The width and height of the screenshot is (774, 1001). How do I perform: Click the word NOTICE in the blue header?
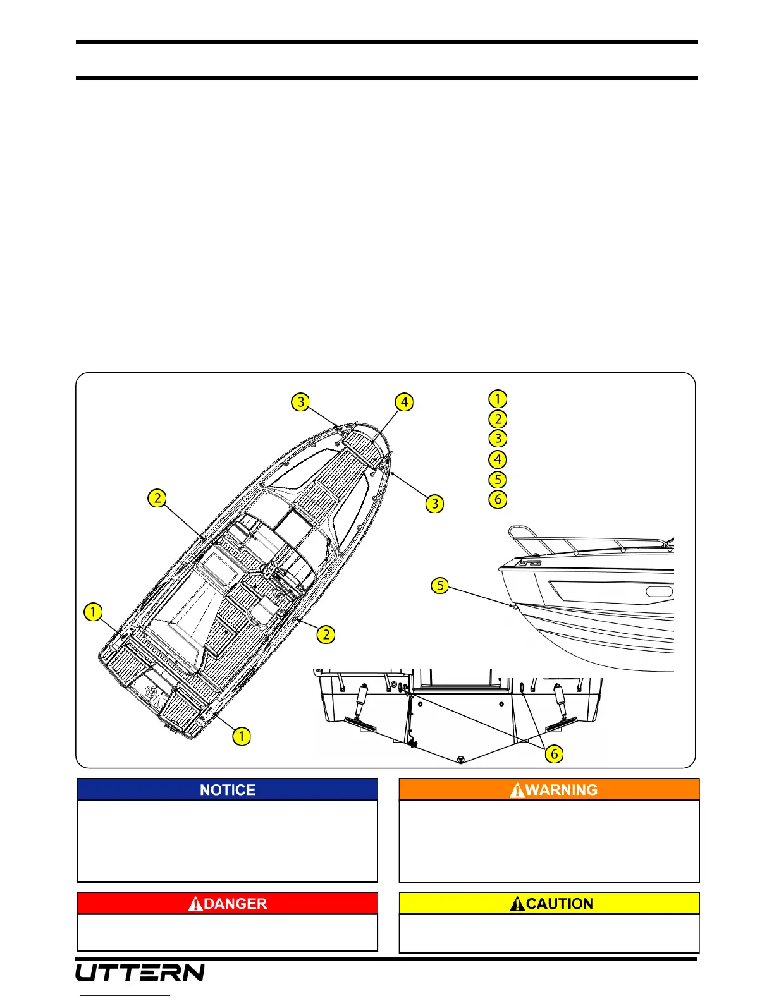click(x=228, y=790)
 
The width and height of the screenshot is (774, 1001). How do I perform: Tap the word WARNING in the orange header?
click(x=562, y=790)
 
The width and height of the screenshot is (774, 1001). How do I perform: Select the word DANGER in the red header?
click(x=235, y=904)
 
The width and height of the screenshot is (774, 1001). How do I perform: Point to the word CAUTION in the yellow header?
click(x=560, y=904)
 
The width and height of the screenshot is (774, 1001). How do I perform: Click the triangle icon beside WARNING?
click(x=517, y=790)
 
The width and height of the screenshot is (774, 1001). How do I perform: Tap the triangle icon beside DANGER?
click(x=196, y=904)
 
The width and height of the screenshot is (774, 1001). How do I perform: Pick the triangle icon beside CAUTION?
click(x=518, y=904)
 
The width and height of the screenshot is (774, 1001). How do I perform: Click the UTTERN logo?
click(x=140, y=972)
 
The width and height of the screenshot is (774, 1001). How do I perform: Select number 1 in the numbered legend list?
click(x=498, y=399)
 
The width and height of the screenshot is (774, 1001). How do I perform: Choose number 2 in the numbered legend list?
click(x=498, y=419)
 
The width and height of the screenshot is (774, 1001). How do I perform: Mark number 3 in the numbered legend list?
click(x=498, y=439)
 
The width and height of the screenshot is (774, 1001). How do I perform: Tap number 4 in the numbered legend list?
click(x=498, y=459)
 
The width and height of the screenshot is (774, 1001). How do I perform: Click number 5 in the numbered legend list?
click(x=498, y=479)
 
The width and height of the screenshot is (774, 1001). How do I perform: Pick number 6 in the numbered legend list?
click(x=498, y=499)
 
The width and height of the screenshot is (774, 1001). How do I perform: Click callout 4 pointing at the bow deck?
click(x=404, y=402)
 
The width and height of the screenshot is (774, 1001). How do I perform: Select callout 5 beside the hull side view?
click(x=440, y=585)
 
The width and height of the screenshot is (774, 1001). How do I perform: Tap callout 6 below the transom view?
click(x=554, y=754)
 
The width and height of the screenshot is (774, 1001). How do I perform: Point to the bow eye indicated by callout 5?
click(x=515, y=607)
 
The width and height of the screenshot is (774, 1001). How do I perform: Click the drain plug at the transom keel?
click(x=461, y=760)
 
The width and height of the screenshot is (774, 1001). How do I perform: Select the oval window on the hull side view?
click(x=659, y=592)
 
